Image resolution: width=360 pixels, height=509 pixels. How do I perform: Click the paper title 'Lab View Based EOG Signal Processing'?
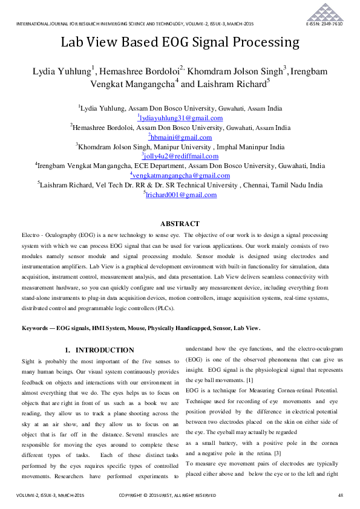click(x=180, y=42)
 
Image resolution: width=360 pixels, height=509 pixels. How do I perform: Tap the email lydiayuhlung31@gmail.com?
click(x=180, y=118)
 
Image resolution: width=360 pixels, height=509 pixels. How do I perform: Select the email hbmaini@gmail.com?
click(x=180, y=137)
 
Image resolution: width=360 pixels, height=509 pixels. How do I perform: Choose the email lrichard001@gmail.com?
click(x=180, y=195)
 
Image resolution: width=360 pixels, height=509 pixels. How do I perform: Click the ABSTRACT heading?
click(x=180, y=223)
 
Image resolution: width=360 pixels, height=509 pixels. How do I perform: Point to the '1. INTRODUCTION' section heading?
click(x=99, y=350)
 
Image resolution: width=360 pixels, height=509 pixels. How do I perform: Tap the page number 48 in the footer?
click(x=340, y=496)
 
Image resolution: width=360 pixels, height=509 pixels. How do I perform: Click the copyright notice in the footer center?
click(x=167, y=496)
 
